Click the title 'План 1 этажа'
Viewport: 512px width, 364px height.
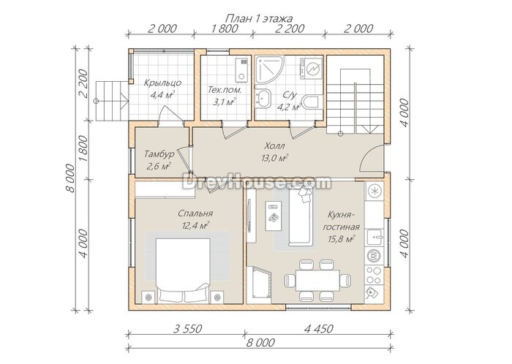coord(259,18)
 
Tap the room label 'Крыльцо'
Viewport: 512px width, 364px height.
coord(162,83)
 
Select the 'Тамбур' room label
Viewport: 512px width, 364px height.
coord(159,153)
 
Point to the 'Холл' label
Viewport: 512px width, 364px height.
coord(274,145)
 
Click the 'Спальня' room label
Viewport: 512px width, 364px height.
coord(195,213)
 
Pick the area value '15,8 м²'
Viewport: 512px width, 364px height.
coord(342,239)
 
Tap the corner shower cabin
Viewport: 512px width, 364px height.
coord(268,69)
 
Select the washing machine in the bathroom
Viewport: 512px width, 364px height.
coord(310,68)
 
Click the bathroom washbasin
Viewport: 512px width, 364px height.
coord(263,97)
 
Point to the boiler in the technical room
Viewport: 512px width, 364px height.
coord(242,70)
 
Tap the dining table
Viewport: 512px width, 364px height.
coord(317,280)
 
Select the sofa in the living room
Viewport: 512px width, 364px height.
coord(301,217)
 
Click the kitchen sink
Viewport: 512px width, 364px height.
coord(374,237)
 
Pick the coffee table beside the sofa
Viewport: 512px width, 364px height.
coord(274,216)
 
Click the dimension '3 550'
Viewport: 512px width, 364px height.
coord(187,329)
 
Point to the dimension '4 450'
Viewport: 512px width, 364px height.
coord(319,329)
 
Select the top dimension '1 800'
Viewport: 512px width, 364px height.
coord(225,29)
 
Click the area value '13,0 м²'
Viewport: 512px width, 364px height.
coord(274,158)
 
